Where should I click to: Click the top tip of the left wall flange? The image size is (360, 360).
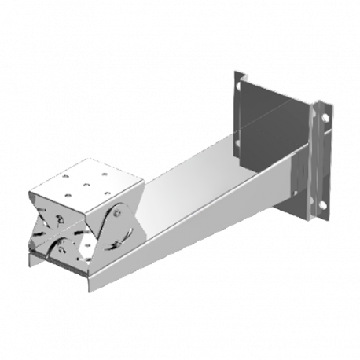[237, 72]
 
